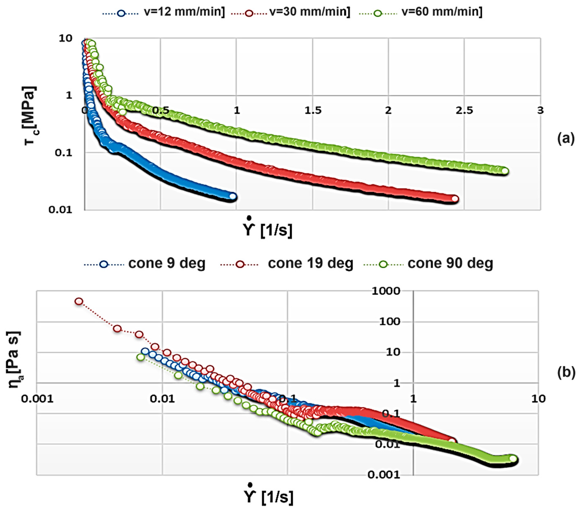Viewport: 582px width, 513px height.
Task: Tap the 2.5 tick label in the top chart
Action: click(464, 110)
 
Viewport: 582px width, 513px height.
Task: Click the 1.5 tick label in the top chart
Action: click(313, 110)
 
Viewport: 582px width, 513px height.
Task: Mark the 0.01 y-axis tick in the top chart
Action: click(60, 210)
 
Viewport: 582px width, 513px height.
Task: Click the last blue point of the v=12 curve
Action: click(233, 196)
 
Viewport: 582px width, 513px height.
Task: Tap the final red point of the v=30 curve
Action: click(455, 199)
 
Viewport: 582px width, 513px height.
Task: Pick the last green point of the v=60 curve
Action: click(505, 171)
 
